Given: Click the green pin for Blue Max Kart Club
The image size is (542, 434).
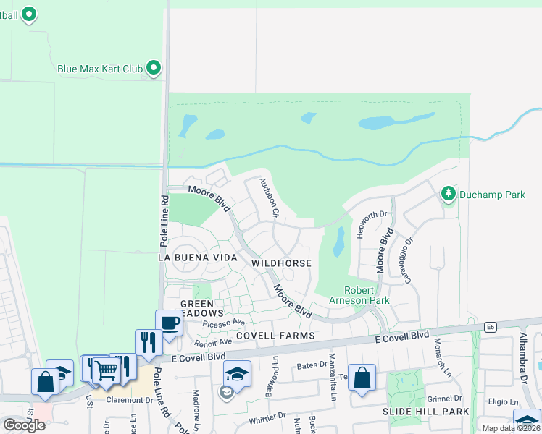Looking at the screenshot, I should [154, 69].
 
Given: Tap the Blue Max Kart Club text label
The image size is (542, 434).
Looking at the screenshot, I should [100, 69].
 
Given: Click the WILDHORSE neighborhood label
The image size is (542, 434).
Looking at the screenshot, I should [281, 264].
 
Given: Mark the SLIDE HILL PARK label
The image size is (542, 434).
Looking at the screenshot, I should [425, 412].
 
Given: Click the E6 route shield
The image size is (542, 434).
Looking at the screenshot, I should [491, 328].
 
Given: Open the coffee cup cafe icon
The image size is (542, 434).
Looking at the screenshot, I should [169, 323].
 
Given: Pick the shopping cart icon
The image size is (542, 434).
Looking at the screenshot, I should [106, 370].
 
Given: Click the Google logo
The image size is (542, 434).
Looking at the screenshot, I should [24, 425].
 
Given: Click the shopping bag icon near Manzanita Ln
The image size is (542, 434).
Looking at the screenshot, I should [362, 378].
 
